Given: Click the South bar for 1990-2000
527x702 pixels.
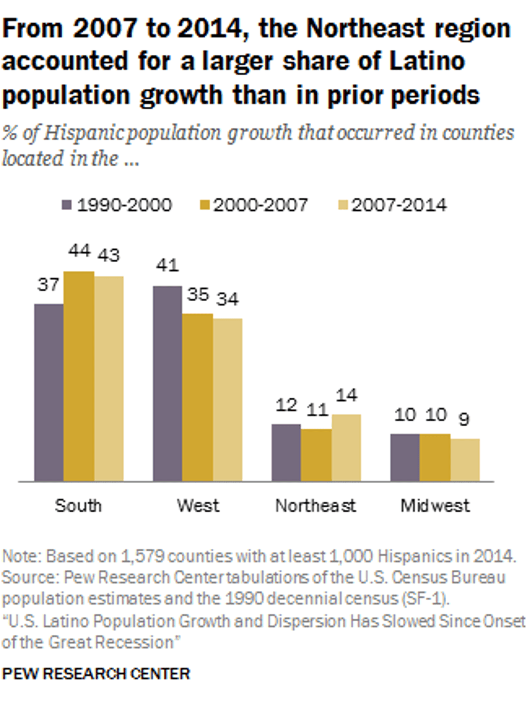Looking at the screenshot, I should [49, 392].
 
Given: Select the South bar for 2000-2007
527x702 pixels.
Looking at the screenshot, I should [78, 376].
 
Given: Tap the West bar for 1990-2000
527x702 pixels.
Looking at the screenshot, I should [167, 383].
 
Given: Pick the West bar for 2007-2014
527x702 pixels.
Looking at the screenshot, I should [227, 399].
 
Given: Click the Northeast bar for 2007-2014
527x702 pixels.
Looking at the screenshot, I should [346, 448].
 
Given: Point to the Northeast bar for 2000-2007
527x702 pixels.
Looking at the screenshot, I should [316, 455].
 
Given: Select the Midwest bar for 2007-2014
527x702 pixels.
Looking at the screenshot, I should [464, 459].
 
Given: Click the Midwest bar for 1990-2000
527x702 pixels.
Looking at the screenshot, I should [405, 457].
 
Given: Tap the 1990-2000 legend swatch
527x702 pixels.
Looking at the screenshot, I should [67, 205].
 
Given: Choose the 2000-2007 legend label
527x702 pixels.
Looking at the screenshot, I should [260, 205].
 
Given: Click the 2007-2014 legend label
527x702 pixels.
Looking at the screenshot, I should [399, 205].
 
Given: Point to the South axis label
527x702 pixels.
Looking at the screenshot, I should [78, 506].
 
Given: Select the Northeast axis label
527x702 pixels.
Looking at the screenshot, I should [315, 506].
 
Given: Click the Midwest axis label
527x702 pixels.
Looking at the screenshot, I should [435, 506].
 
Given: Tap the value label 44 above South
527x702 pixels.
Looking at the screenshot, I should [79, 250].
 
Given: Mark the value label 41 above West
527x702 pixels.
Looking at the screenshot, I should [167, 265].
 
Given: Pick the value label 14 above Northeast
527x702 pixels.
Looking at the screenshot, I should [346, 395].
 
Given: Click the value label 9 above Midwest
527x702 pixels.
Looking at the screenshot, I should [464, 418].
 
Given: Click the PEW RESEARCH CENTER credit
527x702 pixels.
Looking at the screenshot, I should [96, 674].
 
